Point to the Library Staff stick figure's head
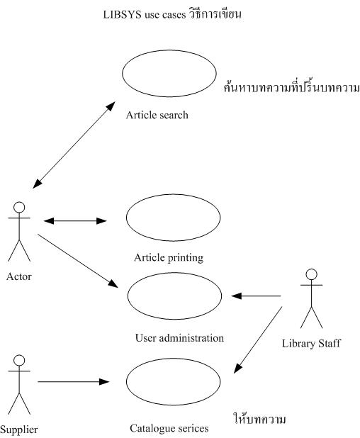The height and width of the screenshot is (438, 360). (309, 274)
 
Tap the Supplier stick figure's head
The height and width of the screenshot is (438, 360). (20, 359)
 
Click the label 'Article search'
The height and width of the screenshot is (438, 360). (157, 115)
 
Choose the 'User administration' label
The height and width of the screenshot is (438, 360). (179, 338)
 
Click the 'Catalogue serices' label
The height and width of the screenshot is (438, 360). (169, 428)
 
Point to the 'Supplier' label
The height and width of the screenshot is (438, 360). (19, 429)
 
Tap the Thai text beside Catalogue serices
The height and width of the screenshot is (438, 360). (259, 420)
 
